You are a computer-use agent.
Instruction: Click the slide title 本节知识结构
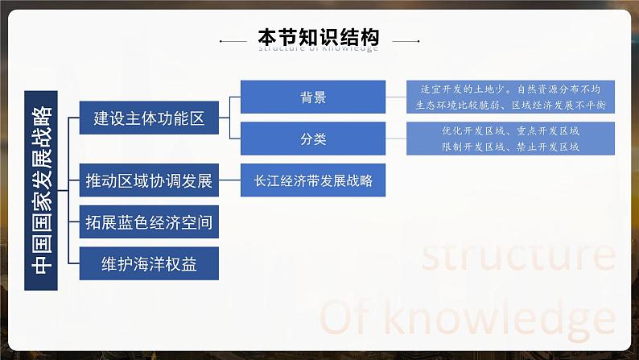[319, 37]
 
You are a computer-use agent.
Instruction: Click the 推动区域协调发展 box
[150, 181]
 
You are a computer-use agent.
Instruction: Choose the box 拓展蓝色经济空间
[150, 222]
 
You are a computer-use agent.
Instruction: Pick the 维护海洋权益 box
[150, 263]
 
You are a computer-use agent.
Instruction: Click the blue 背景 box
[313, 97]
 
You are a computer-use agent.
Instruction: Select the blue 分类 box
[313, 139]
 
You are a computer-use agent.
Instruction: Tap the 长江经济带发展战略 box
[313, 181]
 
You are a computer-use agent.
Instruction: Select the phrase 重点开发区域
[547, 130]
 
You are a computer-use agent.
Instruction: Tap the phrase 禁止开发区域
[547, 147]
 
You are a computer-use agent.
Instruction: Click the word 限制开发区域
[471, 147]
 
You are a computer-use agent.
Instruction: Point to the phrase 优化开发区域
[471, 130]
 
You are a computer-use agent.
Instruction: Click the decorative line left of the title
[234, 39]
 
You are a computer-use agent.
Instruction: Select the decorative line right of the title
[405, 39]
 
